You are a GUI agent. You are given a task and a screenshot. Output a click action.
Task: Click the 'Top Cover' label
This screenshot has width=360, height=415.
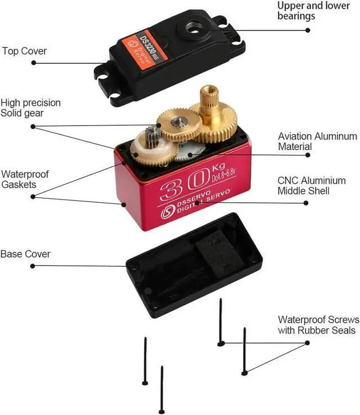coord(24,51)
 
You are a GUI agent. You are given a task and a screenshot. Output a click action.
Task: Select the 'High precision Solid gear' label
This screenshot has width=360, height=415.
coord(30,108)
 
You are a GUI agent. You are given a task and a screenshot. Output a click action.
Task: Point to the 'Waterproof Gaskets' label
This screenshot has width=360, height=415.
coord(25,179)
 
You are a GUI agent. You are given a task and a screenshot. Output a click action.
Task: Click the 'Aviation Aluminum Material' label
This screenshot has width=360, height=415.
coord(317,141)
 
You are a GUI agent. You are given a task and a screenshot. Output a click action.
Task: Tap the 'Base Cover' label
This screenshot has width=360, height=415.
coord(25,254)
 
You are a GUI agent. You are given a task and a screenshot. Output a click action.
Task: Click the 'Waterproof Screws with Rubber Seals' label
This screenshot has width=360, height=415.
coord(317,324)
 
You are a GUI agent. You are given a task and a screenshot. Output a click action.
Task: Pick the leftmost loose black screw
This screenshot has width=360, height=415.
coord(145,361)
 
